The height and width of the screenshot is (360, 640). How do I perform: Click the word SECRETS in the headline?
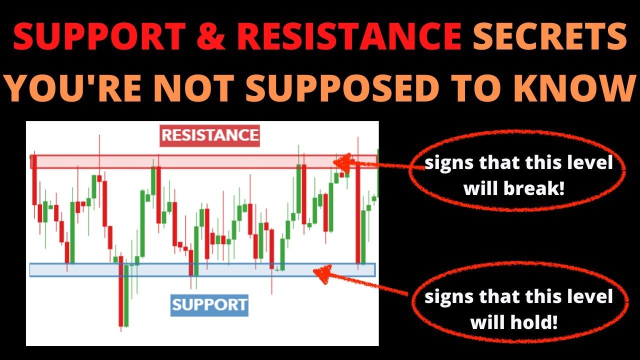pos(550,36)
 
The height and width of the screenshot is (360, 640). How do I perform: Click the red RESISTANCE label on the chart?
pos(209,135)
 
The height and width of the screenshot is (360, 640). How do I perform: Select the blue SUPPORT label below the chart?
pos(209,305)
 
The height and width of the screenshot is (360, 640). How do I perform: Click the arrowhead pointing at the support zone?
pos(323,273)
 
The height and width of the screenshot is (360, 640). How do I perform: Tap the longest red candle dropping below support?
pos(121,291)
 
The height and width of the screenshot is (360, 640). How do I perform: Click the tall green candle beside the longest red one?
pos(126,295)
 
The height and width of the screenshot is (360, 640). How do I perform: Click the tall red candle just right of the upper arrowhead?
pos(358,211)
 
